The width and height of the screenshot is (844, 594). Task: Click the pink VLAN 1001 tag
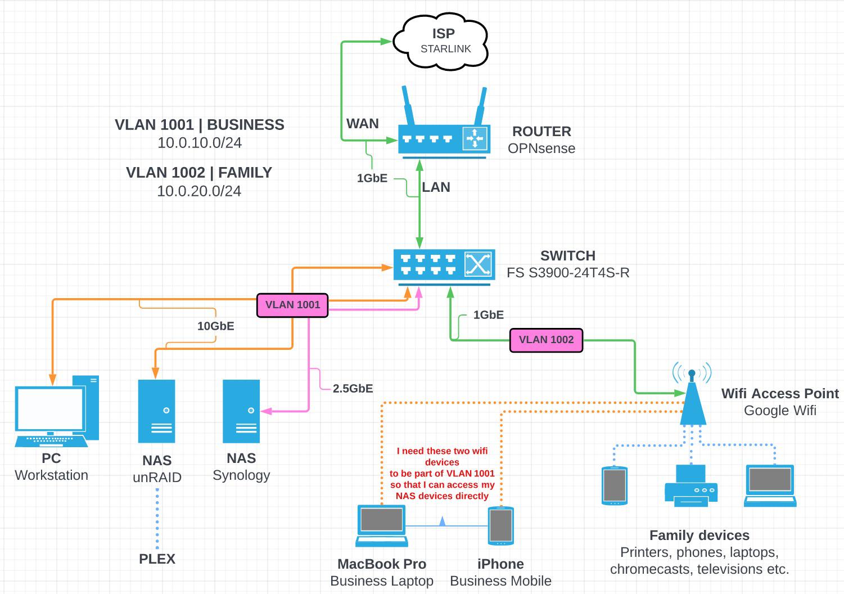pos(292,305)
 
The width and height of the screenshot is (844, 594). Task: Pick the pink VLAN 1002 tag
pos(546,340)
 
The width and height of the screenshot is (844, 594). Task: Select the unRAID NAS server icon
pos(157,411)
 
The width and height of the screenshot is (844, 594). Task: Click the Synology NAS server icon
pos(241,411)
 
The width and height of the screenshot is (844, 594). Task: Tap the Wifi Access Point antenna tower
pos(692,397)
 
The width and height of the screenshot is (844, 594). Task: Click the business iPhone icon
pos(500,526)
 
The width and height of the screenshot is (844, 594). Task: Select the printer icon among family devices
pos(691,486)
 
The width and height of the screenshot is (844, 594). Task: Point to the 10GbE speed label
pos(215,326)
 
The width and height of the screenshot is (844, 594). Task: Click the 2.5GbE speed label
pos(353,389)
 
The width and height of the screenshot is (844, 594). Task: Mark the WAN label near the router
pos(362,124)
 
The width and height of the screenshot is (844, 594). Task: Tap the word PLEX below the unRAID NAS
pos(157,559)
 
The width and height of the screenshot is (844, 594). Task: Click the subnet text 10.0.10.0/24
pos(200,143)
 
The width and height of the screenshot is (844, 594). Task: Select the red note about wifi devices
pos(442,473)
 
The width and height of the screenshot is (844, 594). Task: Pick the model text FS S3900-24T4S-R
pos(568,273)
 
